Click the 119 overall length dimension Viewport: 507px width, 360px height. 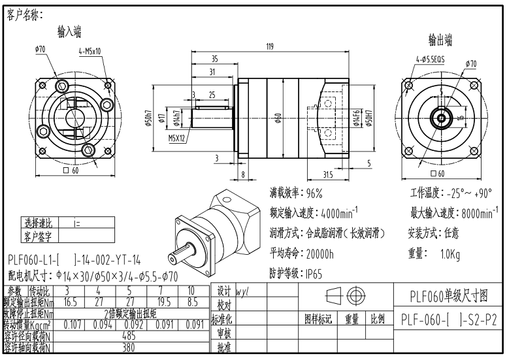(x=269, y=46)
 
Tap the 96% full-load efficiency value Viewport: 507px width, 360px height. (x=315, y=193)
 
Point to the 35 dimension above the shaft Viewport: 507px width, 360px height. (x=214, y=59)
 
